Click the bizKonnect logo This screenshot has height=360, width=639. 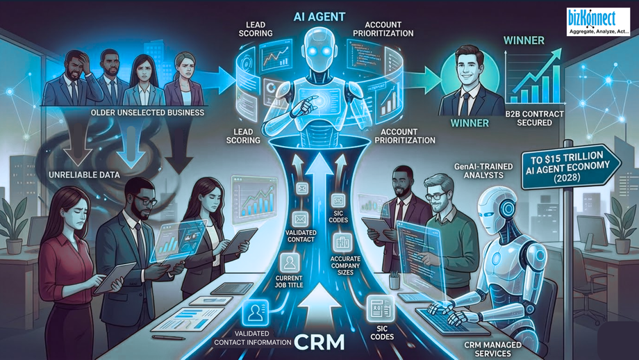point(598,22)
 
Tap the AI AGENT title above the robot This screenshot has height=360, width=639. point(319,17)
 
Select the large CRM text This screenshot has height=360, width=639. point(319,343)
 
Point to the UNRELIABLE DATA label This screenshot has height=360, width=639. point(84,175)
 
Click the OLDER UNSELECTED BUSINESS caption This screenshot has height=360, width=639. point(147,112)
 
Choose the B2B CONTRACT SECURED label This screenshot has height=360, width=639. point(534,118)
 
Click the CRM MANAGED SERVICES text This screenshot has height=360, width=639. point(492,349)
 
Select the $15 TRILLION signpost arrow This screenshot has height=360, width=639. point(570,166)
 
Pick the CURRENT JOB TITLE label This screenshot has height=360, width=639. point(289,281)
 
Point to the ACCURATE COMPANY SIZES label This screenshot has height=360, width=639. point(345,265)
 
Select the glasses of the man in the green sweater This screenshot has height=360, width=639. point(436,197)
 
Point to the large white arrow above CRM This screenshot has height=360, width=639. point(319,305)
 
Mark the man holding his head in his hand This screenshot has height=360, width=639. point(72,79)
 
